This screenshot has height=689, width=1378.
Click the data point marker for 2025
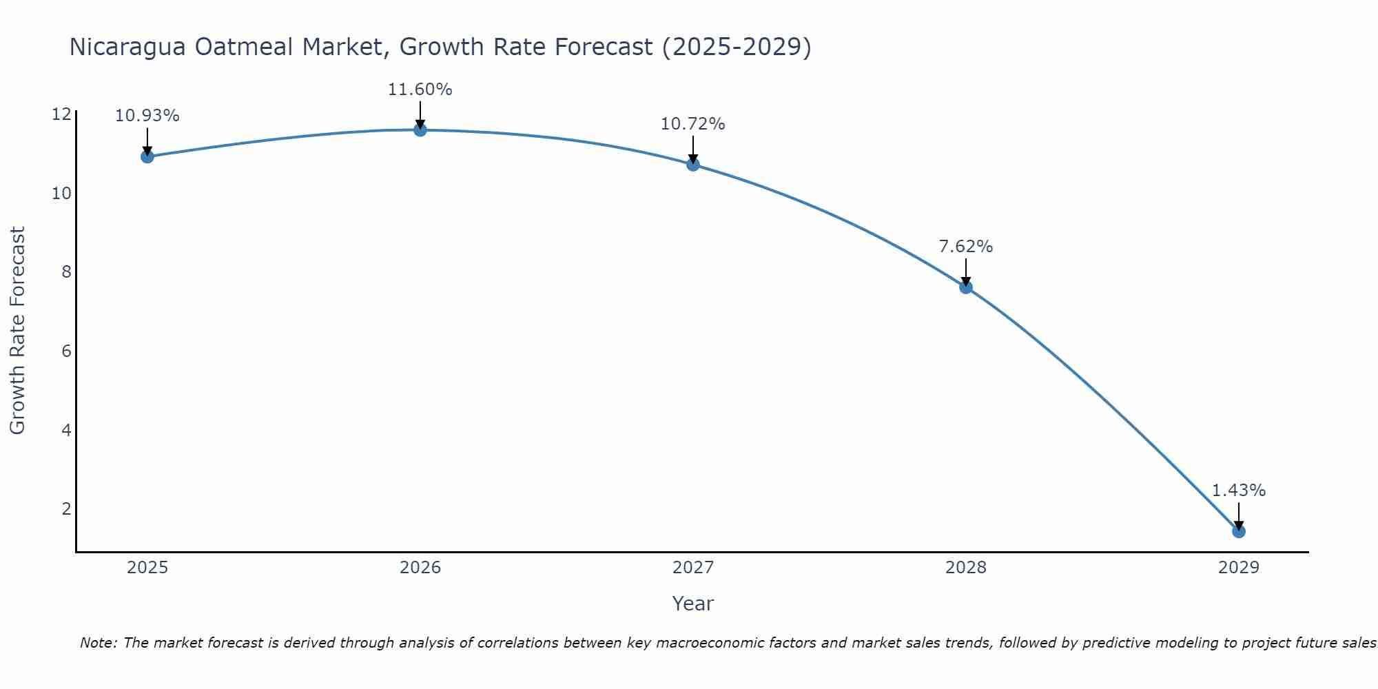coord(147,156)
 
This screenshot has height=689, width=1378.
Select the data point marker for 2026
coord(420,130)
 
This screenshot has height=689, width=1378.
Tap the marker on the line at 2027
coord(693,165)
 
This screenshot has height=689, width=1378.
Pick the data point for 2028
coord(966,287)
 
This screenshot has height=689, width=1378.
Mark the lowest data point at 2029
coord(1239,531)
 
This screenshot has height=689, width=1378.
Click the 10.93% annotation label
coord(147,116)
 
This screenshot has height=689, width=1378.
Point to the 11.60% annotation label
coord(420,90)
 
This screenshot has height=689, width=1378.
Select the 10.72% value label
coord(692,124)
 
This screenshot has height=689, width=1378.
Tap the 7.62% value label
coord(966,247)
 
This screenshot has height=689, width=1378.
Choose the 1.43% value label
coord(1239,491)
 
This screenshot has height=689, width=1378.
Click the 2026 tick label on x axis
coord(420,568)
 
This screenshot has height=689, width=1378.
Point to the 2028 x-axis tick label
coord(966,568)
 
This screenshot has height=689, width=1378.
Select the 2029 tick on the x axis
coord(1239,568)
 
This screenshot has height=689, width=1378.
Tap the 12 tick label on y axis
coord(61,114)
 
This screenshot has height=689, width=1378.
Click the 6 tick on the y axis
coord(66,351)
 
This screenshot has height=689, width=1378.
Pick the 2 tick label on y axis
coord(66,509)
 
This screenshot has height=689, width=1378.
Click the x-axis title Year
coord(692,604)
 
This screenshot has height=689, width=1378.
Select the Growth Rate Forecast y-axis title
coord(17,331)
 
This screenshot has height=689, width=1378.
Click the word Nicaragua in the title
coord(127,48)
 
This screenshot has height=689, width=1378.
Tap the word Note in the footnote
coord(99,643)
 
